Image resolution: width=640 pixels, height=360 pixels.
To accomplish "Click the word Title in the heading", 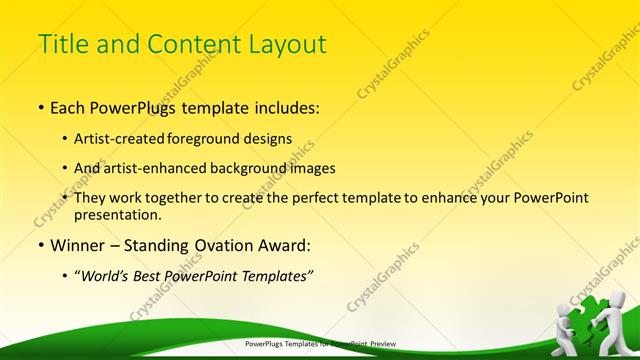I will pos(60,44).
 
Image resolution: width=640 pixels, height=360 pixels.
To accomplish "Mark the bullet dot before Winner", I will pos(40,245).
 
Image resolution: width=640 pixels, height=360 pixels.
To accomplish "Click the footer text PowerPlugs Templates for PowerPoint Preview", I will pos(320,345).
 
